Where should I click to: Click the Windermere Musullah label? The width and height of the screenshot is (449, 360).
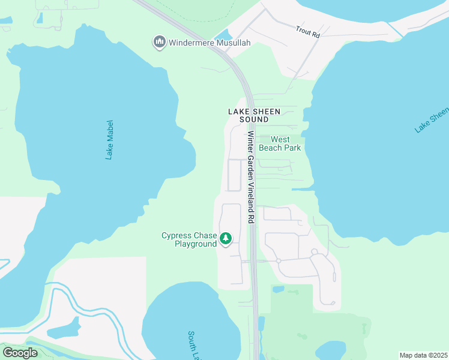209,43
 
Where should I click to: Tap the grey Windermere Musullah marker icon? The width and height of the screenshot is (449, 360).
160,42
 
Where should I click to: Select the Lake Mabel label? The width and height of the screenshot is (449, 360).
109,145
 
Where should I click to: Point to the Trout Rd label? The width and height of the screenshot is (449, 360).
309,31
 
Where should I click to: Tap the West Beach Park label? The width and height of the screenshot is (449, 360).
279,143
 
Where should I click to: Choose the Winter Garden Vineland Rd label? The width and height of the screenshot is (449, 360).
250,178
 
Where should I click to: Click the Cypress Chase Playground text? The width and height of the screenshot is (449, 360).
188,240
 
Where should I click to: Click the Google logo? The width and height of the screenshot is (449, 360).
20,353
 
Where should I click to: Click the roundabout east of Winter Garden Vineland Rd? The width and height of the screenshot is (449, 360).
279,261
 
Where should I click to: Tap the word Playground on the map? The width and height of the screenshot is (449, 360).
195,244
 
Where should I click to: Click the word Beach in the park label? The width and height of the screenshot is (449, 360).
271,147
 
